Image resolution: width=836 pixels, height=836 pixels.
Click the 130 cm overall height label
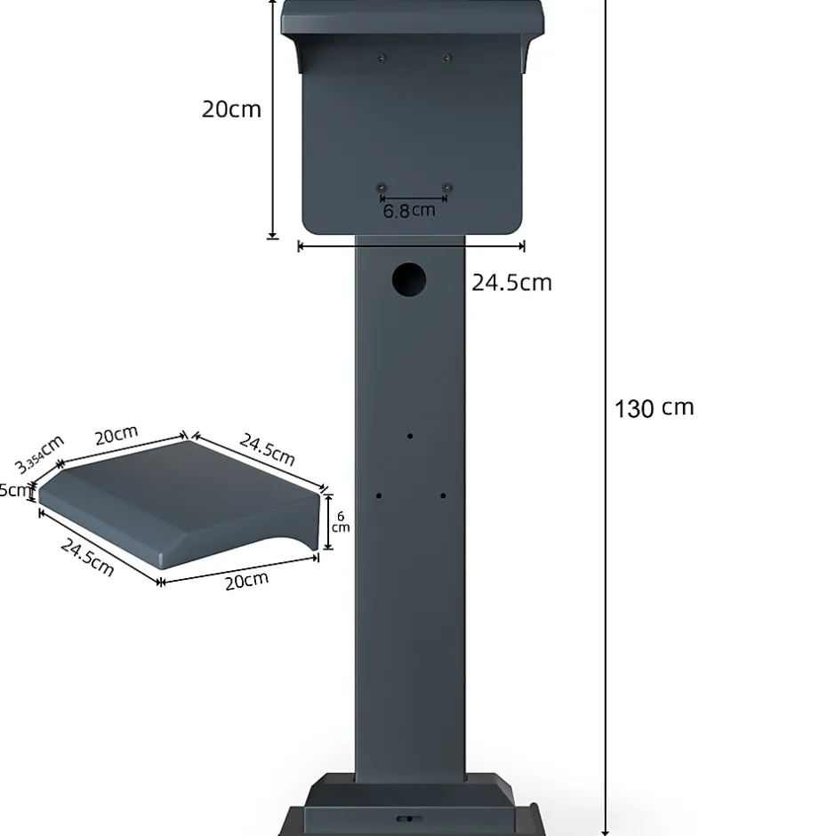coord(654,408)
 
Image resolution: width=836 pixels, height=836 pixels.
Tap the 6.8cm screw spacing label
coord(409,211)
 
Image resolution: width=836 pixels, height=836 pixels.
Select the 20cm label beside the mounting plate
coord(231,109)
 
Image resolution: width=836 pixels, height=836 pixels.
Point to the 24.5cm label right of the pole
coord(511,283)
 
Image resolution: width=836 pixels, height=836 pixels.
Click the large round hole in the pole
coord(409,280)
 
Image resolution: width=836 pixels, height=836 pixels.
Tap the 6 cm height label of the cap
coord(341,522)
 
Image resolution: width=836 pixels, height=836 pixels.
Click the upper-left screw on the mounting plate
coord(382,59)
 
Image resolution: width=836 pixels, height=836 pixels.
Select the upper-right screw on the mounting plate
coord(447,59)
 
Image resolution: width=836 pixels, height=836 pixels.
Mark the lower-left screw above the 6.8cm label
coord(381,187)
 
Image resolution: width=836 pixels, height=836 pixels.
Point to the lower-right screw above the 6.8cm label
coord(447,187)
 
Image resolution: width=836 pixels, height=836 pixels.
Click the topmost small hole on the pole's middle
coord(410,436)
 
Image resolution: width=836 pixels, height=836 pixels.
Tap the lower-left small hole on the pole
coord(379,495)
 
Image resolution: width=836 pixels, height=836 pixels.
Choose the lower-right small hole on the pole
coord(442,495)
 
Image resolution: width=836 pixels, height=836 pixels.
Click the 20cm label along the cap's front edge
coord(245,581)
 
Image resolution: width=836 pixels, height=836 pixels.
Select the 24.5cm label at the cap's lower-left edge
coord(87,557)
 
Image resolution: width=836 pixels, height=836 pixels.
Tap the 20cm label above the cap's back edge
coord(117,435)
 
